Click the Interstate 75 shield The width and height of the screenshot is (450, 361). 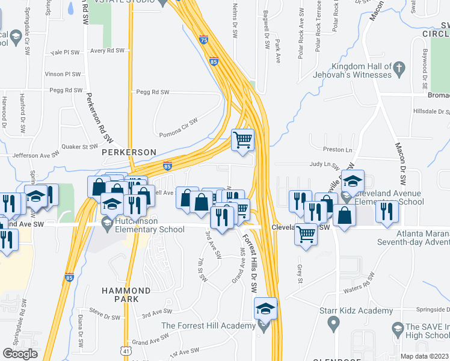point(204,39)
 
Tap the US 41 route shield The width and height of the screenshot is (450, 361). point(124,350)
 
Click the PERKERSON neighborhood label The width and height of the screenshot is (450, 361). point(129,152)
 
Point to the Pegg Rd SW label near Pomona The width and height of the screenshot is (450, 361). point(153,92)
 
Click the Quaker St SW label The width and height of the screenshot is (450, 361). point(81,146)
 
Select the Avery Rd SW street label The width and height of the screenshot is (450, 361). point(107,51)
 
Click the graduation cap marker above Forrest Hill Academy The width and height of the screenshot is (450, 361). point(265,309)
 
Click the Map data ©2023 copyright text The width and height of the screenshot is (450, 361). point(424,356)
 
